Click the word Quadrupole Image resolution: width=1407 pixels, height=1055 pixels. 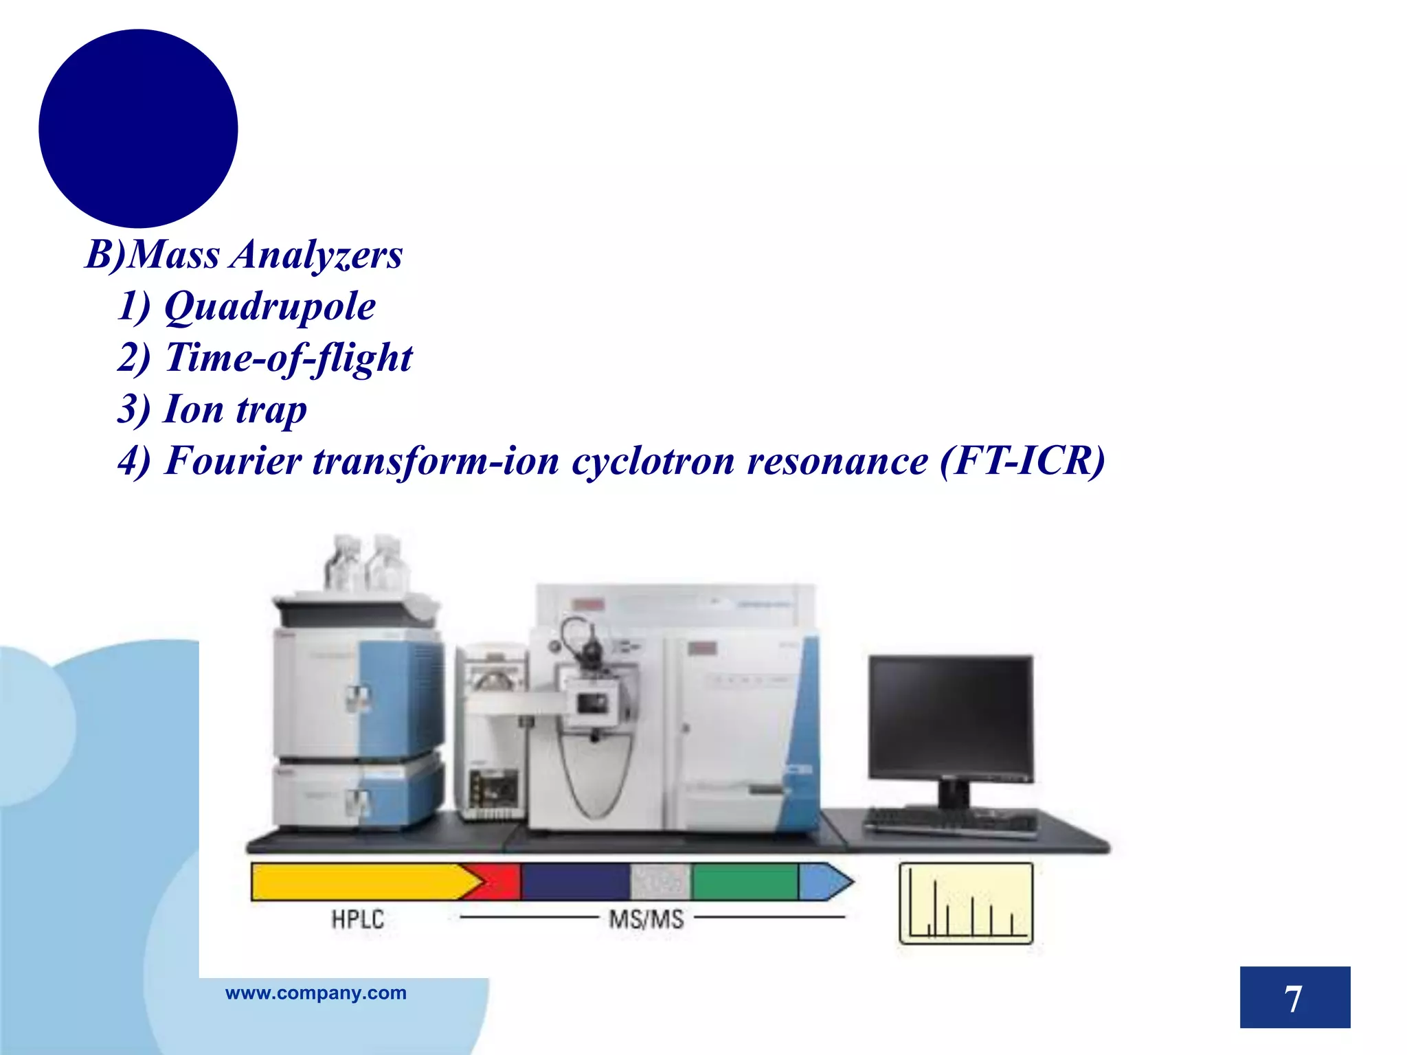[x=269, y=306]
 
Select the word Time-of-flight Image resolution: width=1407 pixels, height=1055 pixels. [x=289, y=358]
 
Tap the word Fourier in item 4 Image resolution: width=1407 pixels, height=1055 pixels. [x=234, y=461]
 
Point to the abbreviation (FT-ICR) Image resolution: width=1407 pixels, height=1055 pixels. [x=1022, y=461]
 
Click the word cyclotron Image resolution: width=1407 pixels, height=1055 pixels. [x=653, y=461]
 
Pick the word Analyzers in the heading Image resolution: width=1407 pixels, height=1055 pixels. [x=316, y=255]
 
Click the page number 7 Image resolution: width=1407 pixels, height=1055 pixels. [x=1294, y=998]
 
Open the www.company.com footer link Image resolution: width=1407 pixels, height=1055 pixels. [x=316, y=993]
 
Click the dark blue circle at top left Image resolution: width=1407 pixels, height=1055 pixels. [x=138, y=128]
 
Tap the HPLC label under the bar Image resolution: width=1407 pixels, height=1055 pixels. [x=357, y=920]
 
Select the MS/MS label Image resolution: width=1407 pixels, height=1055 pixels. [x=646, y=920]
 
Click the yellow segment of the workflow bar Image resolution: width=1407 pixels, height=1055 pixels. [x=357, y=882]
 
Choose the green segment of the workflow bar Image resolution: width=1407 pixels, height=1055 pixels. [x=745, y=882]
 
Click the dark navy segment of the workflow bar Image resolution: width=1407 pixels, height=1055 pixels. [x=576, y=882]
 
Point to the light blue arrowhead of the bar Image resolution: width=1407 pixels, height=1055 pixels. [x=824, y=882]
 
